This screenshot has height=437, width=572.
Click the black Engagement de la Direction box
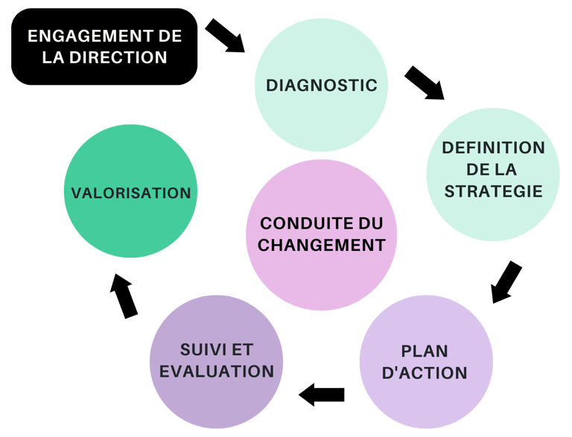pyautogui.click(x=104, y=46)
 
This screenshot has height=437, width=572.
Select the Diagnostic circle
pyautogui.click(x=322, y=85)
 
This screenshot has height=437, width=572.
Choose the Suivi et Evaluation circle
pyautogui.click(x=216, y=361)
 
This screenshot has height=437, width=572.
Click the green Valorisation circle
pyautogui.click(x=130, y=192)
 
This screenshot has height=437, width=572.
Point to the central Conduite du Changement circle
pyautogui.click(x=322, y=235)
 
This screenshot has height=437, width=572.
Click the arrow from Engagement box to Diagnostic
pyautogui.click(x=225, y=36)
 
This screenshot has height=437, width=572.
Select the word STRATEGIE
pyautogui.click(x=493, y=191)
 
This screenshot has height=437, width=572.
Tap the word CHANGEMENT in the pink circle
pyautogui.click(x=322, y=245)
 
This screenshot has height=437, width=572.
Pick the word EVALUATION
pyautogui.click(x=217, y=371)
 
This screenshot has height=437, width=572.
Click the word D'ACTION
pyautogui.click(x=425, y=372)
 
